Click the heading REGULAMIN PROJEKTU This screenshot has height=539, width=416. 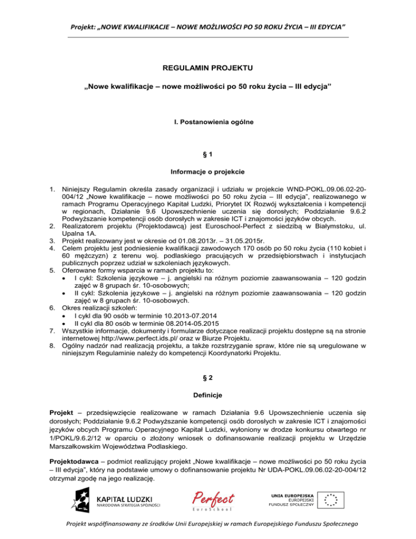pyautogui.click(x=207, y=69)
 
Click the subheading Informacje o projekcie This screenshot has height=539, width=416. pyautogui.click(x=207, y=173)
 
